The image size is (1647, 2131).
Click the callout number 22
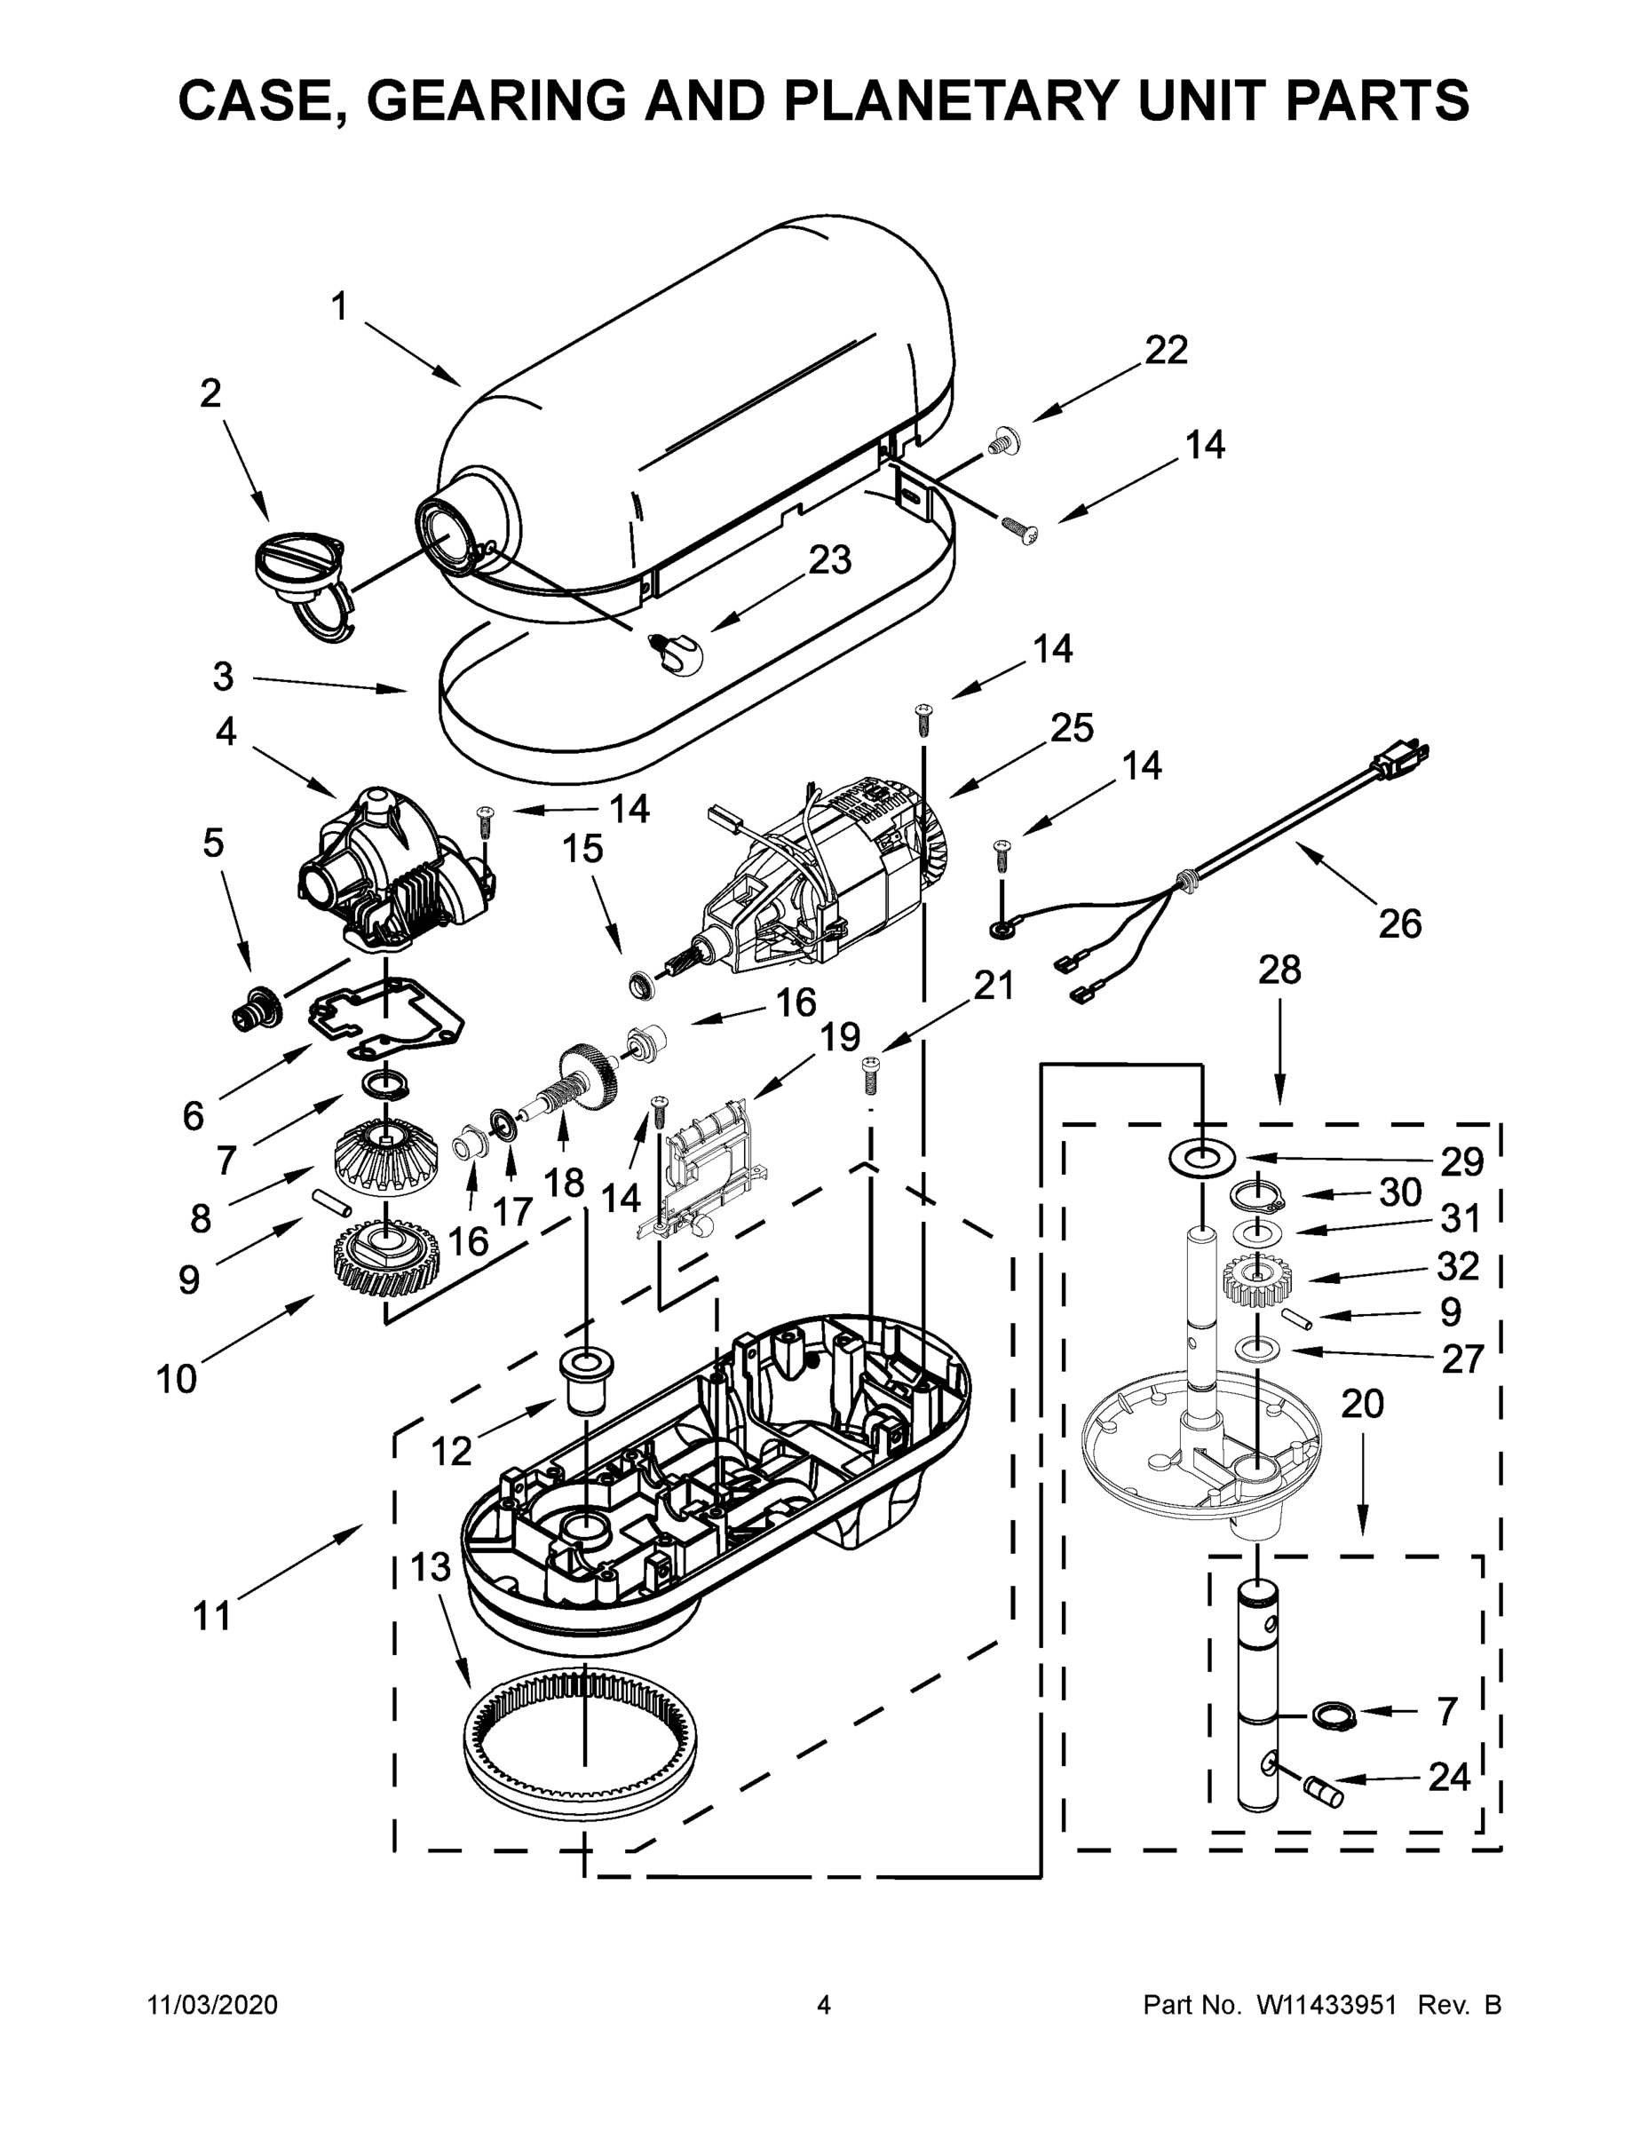point(1166,351)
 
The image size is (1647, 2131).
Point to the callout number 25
point(1072,728)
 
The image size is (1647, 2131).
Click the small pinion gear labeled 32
point(1255,1281)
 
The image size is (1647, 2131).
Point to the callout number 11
point(211,1615)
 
